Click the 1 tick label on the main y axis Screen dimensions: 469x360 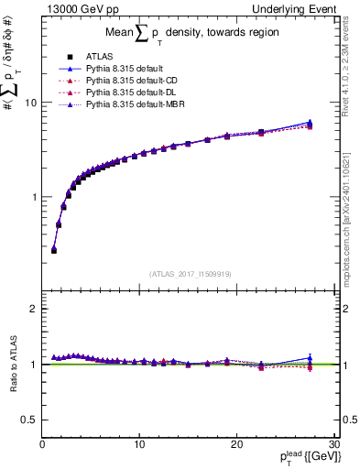(x=33, y=197)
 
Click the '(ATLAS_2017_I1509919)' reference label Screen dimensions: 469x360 (x=190, y=273)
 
